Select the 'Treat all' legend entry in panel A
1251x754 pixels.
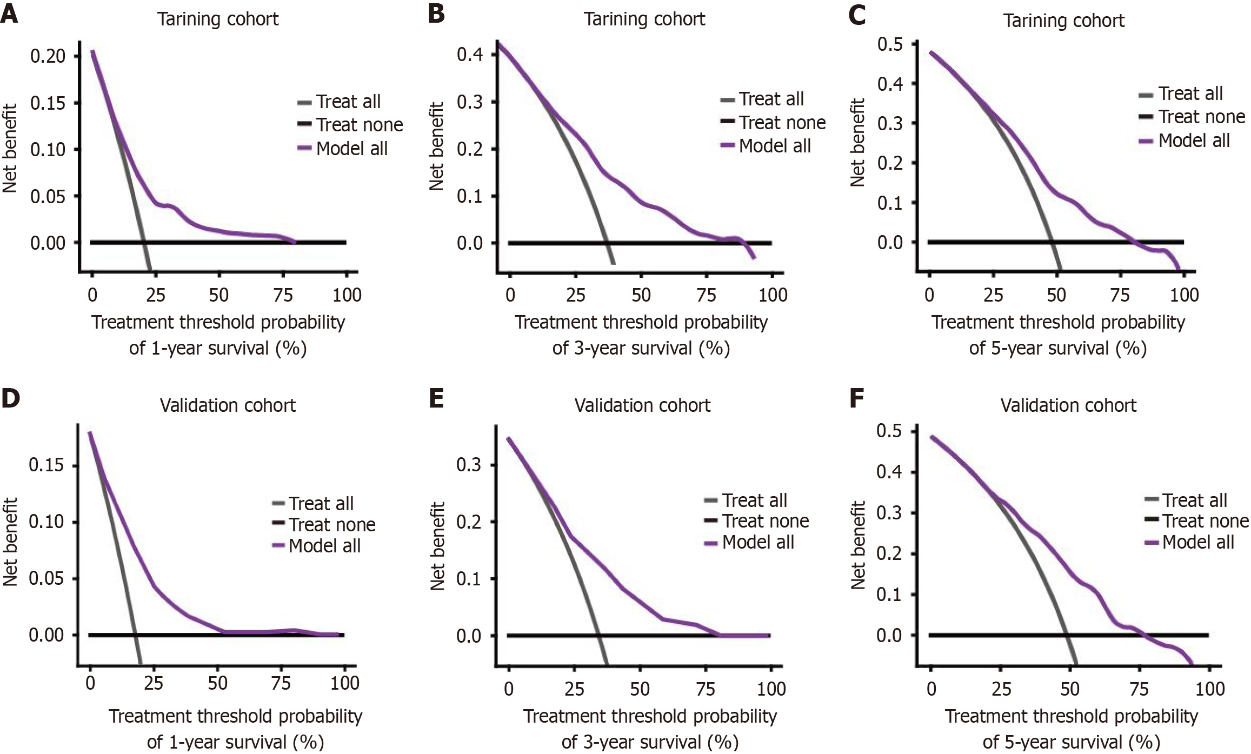click(348, 102)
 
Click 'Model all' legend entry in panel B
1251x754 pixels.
click(774, 146)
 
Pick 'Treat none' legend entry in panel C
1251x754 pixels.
click(1201, 117)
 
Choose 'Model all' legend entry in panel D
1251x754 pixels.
click(324, 546)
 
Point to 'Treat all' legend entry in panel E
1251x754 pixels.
click(754, 501)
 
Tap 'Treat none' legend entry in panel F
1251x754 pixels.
click(1205, 521)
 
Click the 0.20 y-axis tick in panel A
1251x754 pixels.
click(48, 56)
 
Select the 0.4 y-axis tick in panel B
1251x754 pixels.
click(469, 55)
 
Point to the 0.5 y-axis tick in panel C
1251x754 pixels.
click(890, 44)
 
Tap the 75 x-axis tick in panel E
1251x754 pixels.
click(706, 689)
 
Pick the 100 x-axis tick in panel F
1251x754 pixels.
click(1209, 689)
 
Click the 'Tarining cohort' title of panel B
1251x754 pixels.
click(644, 19)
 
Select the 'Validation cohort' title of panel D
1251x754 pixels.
click(228, 405)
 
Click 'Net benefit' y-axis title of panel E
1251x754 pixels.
click(437, 546)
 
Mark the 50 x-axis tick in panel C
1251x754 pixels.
click(1056, 295)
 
